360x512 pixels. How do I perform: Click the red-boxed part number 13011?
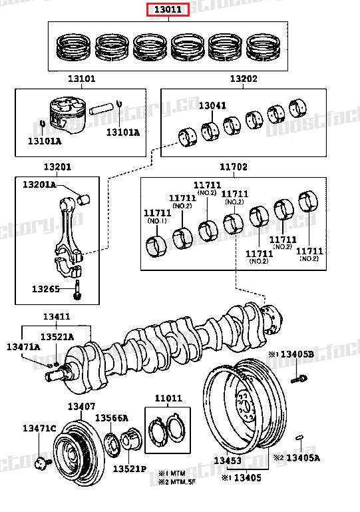click(x=168, y=9)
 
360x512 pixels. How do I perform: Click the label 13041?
click(x=212, y=105)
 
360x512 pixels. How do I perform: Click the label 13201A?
click(x=39, y=184)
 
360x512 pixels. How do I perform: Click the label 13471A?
click(x=23, y=347)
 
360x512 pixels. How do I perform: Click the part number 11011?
click(x=168, y=399)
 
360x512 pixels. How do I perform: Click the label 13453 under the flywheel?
click(x=227, y=460)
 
